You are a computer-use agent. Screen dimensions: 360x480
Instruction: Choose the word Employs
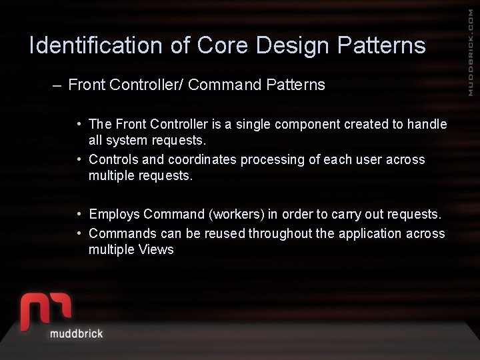(x=114, y=215)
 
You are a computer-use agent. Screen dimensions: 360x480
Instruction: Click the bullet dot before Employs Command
(x=79, y=214)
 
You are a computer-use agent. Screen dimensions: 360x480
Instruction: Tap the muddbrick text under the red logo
(x=76, y=333)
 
